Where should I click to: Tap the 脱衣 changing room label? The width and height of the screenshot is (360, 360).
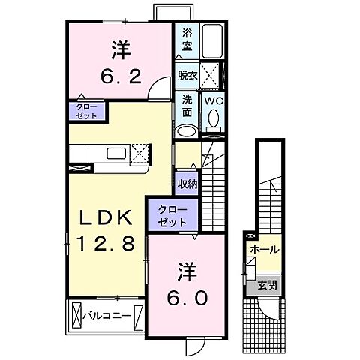[186, 74]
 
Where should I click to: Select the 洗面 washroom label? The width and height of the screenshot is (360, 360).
[186, 106]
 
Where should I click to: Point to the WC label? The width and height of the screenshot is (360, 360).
[214, 100]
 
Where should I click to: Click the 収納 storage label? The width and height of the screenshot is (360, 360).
[187, 184]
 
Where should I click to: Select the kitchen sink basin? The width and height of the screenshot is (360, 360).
[117, 154]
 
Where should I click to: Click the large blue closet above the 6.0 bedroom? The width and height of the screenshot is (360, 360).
[172, 215]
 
